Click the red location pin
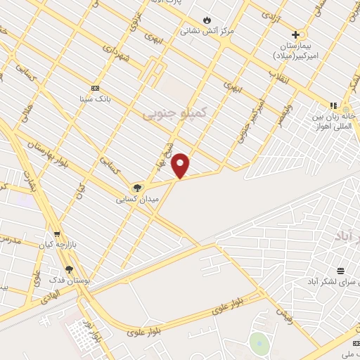pos(181,165)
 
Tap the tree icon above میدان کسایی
pos(138,188)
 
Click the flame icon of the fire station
pos(206,20)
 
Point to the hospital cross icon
pos(296,34)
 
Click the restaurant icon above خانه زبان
pos(333,105)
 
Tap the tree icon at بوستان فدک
pos(69,269)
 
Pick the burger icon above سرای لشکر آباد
pos(340,270)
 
